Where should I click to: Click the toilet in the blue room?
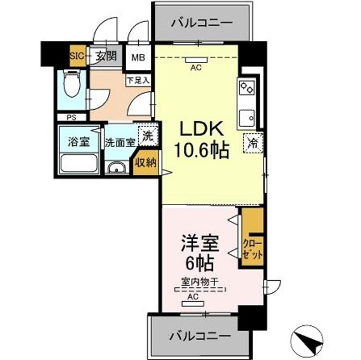point(72,83)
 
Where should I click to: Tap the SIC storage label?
point(77,56)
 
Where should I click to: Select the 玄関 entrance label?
point(106,56)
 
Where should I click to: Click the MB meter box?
point(138,57)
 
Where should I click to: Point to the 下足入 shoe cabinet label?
point(138,80)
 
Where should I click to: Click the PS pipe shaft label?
point(71,118)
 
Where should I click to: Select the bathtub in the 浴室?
point(79,163)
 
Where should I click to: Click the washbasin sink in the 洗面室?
point(117,167)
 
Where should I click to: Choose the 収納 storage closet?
point(146,163)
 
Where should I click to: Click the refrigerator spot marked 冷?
point(253,143)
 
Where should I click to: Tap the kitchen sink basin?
point(247,118)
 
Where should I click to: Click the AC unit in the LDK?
point(196,60)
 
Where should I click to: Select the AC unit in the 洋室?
point(193,304)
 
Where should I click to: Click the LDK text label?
point(202,129)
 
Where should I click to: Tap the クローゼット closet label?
point(252,250)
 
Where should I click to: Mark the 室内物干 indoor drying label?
point(199,281)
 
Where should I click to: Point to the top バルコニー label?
point(202,23)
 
